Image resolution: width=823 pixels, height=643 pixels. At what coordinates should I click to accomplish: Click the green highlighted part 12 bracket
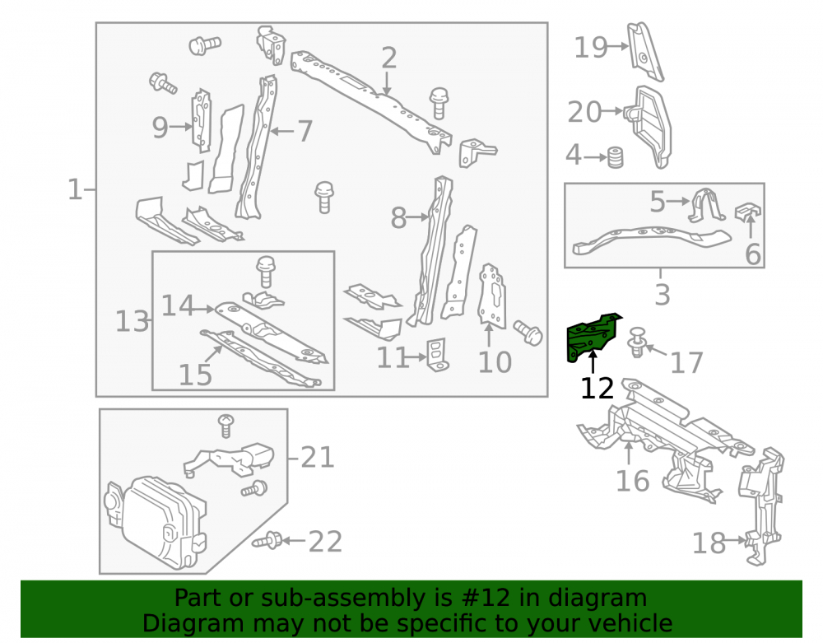tap(590, 338)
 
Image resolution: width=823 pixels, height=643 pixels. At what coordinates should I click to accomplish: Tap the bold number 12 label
tap(597, 389)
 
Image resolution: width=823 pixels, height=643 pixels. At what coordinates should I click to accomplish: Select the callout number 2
tap(388, 58)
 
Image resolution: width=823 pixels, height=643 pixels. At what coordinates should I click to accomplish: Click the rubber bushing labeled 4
tap(615, 157)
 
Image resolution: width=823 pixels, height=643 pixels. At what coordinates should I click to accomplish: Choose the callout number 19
tap(590, 47)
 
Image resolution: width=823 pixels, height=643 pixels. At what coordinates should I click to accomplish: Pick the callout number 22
tap(325, 542)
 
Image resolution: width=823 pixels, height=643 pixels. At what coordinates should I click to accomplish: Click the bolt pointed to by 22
tap(267, 540)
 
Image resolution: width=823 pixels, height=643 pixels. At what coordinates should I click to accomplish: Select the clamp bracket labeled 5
tap(706, 205)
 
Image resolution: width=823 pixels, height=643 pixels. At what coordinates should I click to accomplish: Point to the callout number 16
tap(632, 481)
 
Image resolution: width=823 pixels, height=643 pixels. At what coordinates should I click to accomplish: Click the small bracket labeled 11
tap(438, 354)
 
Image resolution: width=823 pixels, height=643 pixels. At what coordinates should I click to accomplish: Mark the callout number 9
tap(160, 128)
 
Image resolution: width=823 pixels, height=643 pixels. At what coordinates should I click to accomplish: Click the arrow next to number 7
tap(281, 131)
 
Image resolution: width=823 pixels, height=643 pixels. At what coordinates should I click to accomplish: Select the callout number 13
tap(132, 321)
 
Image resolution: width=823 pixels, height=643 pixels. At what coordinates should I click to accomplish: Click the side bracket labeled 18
tap(761, 506)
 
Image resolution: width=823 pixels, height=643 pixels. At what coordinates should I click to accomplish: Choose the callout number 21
tap(318, 458)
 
